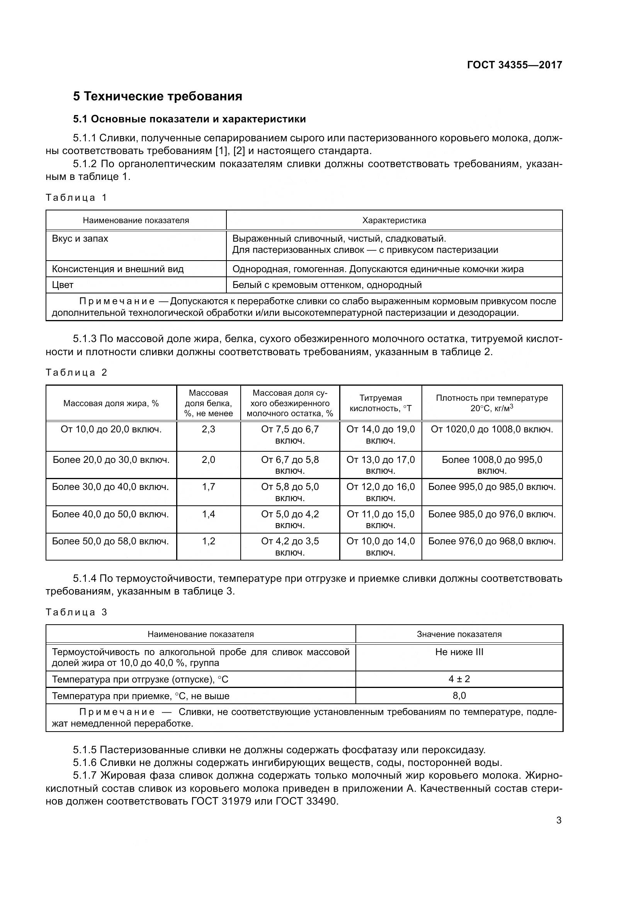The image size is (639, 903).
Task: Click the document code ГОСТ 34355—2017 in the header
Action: (x=514, y=65)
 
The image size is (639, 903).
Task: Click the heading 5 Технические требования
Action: (x=157, y=97)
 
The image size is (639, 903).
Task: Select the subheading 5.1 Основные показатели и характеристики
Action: (x=189, y=119)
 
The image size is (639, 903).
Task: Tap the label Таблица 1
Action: (x=76, y=197)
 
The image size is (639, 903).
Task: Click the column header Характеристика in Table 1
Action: (x=394, y=220)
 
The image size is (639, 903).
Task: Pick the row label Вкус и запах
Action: (x=80, y=239)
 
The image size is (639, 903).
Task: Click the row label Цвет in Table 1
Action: (x=63, y=285)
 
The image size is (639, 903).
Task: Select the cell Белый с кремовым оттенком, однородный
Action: (x=327, y=285)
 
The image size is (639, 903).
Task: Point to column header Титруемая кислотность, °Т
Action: (x=381, y=403)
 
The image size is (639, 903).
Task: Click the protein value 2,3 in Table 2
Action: (x=209, y=429)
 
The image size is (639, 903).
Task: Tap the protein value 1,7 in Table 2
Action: (x=209, y=487)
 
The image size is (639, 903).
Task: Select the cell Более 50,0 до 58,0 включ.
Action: (x=110, y=541)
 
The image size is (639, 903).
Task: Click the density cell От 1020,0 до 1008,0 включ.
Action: (x=492, y=429)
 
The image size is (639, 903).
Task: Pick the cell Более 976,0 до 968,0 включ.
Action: (x=492, y=541)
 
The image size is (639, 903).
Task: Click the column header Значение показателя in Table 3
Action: (x=459, y=634)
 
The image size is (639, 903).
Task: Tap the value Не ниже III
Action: (x=459, y=652)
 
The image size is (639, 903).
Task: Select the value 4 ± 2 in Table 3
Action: (x=459, y=679)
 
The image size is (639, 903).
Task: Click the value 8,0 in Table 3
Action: (x=459, y=696)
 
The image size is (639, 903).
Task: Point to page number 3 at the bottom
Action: (x=559, y=820)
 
